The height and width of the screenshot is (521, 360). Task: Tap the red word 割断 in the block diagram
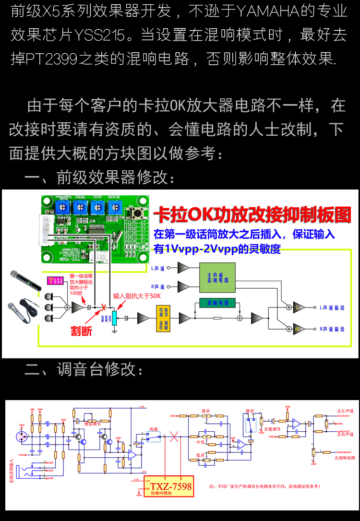click(x=81, y=331)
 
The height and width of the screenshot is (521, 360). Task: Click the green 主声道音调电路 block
click(x=217, y=278)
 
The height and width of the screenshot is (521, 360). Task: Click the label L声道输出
click(x=332, y=308)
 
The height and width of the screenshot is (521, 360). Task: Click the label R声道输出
click(x=332, y=330)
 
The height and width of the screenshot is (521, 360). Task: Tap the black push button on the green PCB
click(x=142, y=214)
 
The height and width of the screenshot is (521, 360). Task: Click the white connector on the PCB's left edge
click(x=46, y=229)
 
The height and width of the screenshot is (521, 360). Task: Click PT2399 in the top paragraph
click(x=53, y=59)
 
